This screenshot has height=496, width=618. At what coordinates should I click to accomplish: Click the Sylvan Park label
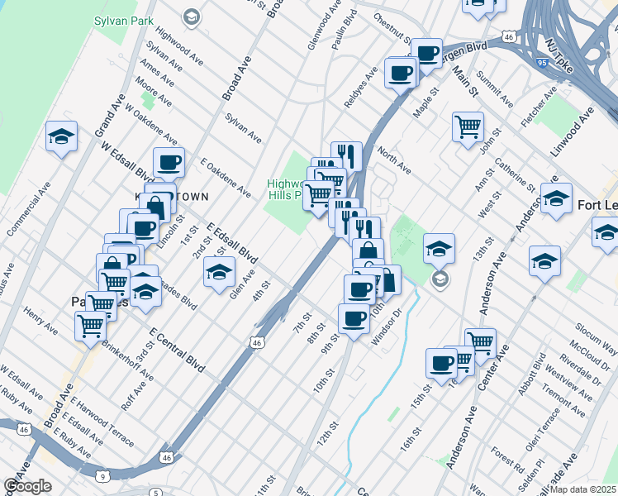pos(125,19)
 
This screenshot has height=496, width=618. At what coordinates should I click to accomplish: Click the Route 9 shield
pos(102,476)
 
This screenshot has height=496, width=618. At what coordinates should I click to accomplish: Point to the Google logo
pos(28,486)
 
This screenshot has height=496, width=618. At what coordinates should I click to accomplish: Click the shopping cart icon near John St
pos(468,126)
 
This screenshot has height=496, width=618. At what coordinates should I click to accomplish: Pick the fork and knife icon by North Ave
pos(347,155)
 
